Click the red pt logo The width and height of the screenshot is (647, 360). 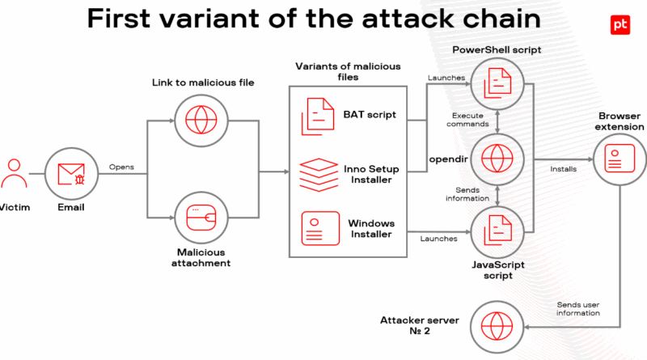(620, 25)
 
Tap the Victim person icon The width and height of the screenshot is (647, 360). (14, 173)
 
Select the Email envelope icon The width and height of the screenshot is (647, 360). (71, 174)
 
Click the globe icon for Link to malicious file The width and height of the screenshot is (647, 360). (201, 121)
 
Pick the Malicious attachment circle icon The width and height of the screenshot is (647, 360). (201, 218)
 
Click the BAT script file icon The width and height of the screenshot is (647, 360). (318, 116)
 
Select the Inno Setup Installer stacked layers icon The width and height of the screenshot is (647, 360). (319, 175)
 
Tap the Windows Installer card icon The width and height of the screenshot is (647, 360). (320, 228)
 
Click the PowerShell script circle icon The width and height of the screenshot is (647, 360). (497, 84)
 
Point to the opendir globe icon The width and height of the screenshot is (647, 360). (497, 159)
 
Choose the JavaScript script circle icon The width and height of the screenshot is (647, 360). (497, 232)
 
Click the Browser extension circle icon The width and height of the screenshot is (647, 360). (620, 159)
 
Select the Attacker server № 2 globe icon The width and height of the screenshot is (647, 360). (497, 327)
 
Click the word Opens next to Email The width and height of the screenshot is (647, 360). (121, 167)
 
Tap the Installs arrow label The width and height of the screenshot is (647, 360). (563, 169)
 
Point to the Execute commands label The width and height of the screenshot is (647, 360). (467, 120)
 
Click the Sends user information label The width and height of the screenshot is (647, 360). (578, 309)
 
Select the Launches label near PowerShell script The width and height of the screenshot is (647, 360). (446, 78)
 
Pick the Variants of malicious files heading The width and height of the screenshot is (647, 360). (348, 71)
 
